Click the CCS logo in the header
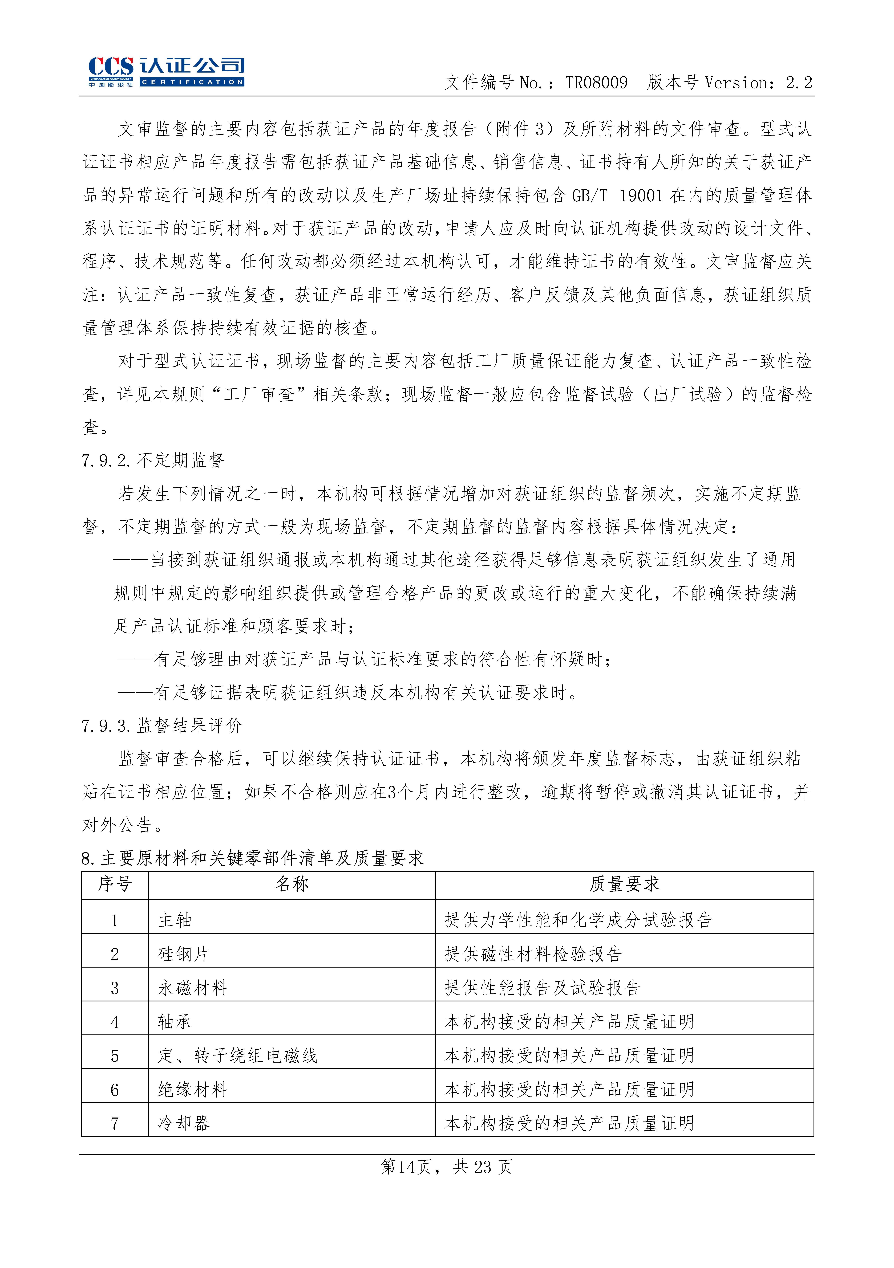(x=166, y=72)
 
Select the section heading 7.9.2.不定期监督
(x=152, y=460)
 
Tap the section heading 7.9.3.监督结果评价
(x=161, y=725)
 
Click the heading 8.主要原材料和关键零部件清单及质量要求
(x=253, y=858)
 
